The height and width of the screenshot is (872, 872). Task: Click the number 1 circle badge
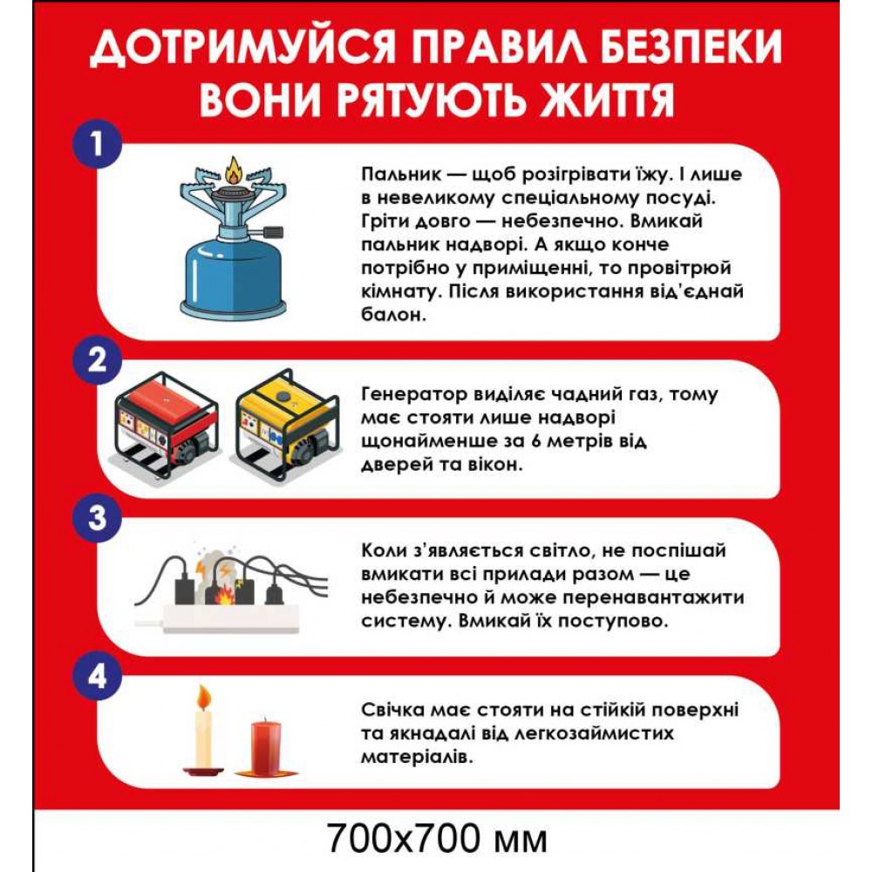coord(97,143)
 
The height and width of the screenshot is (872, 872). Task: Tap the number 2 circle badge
coord(97,358)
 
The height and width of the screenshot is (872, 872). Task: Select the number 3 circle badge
coord(97,517)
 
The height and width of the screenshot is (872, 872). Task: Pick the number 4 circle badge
coord(97,675)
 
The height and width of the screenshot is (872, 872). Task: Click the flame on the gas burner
coord(233,171)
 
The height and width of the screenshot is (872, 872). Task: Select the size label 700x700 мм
coord(438,839)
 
